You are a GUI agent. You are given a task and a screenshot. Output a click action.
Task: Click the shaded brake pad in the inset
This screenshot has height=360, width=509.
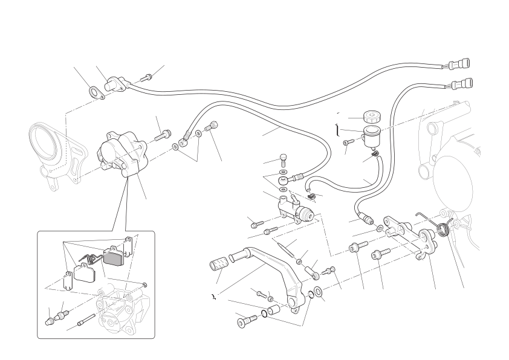coord(113,257)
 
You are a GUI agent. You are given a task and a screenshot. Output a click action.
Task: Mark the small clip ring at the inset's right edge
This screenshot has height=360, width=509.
coord(146,284)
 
